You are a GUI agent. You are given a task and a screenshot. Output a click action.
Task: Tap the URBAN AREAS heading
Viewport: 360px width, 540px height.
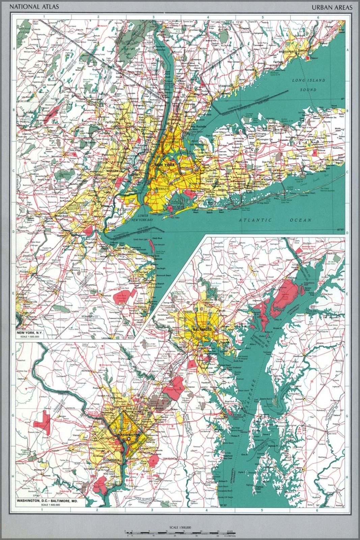click(x=332, y=7)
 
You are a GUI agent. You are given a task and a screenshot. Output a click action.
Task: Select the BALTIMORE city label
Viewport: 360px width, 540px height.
click(x=202, y=329)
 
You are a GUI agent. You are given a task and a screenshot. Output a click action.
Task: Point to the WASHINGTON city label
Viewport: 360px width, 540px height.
click(x=128, y=435)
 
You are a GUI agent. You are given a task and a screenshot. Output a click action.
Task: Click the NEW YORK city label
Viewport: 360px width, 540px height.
click(x=164, y=165)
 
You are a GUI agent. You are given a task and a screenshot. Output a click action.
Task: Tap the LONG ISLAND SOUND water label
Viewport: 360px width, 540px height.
click(x=309, y=85)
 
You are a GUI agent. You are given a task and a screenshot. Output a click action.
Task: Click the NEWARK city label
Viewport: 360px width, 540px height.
click(x=113, y=171)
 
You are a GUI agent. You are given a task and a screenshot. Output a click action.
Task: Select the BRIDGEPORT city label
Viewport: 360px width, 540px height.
click(x=287, y=52)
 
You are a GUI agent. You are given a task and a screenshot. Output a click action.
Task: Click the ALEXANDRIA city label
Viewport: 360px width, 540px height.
click(x=110, y=460)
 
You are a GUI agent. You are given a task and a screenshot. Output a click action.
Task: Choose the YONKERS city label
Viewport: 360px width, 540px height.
click(x=174, y=120)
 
